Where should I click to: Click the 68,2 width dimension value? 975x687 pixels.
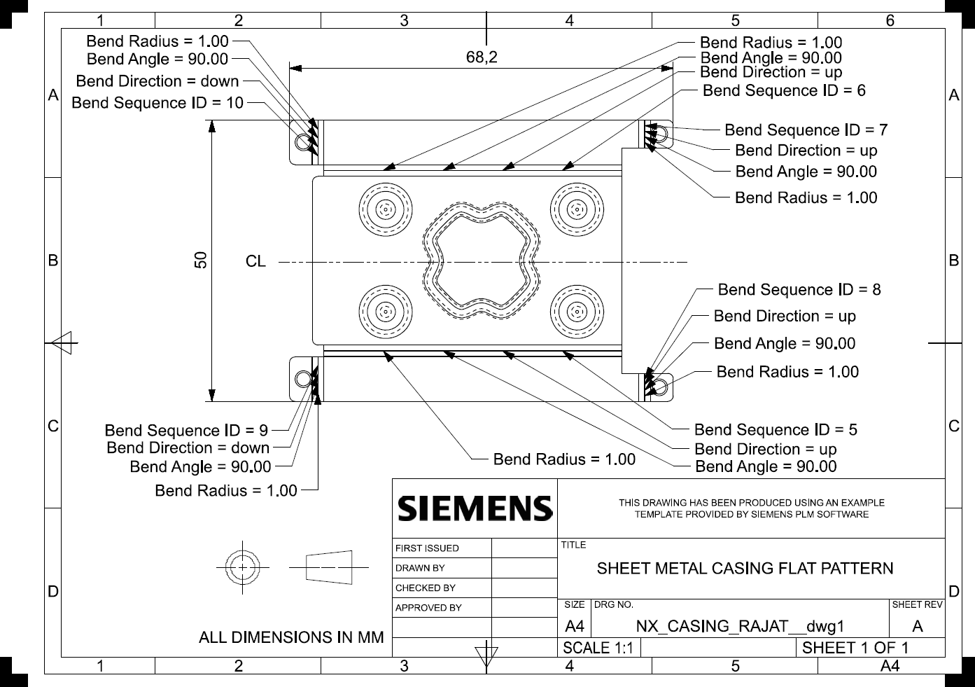coord(482,57)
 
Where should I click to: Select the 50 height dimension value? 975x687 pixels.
coord(201,260)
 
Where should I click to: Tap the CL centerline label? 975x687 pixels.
coord(255,261)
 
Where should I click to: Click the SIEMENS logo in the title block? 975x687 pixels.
coord(475,508)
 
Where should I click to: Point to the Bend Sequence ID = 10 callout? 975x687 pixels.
coord(157,103)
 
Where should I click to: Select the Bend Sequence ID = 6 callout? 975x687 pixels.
coord(784,90)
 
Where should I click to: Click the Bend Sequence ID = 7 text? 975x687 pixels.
coord(806,130)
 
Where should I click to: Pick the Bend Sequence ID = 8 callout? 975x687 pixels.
coord(799,290)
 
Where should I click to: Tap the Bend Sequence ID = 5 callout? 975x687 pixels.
coord(776,429)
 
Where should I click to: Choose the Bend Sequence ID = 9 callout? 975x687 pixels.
coord(186,430)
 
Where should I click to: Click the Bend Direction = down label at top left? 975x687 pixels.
coord(157,81)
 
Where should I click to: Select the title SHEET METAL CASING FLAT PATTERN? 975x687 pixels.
coord(745,569)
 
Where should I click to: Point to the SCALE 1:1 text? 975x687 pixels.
coord(598,648)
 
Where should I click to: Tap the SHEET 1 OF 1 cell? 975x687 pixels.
coord(855,648)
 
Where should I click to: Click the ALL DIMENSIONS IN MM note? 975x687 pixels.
coord(291,637)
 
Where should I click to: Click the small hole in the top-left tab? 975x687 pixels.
coord(303,142)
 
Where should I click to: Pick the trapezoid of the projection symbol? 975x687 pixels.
coord(329,567)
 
